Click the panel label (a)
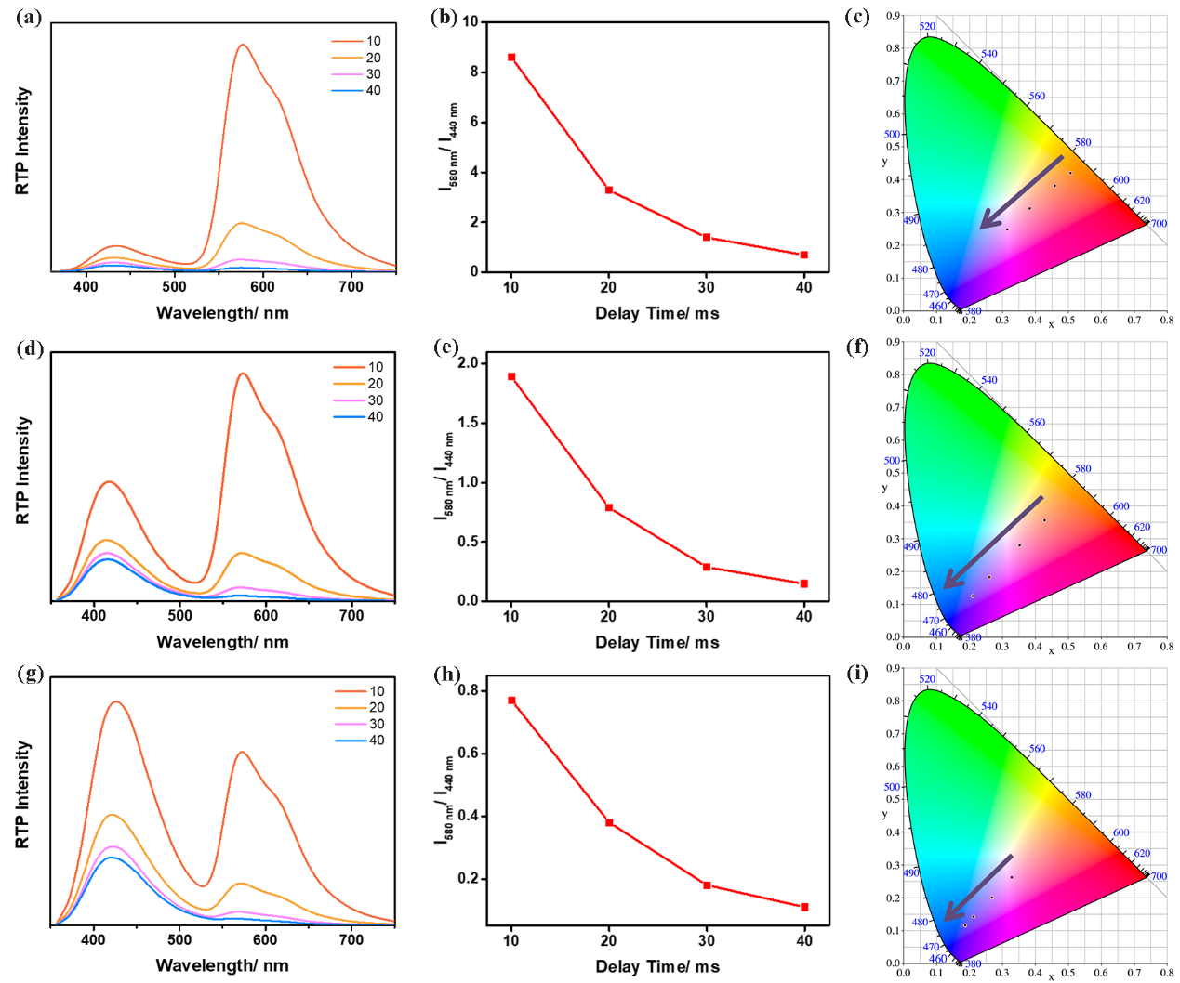[29, 17]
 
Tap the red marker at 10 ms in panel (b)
[511, 58]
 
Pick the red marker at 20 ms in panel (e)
[609, 507]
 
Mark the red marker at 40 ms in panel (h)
[804, 907]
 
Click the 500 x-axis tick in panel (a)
[174, 287]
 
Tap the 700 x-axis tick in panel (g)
[351, 940]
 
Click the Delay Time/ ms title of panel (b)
[656, 313]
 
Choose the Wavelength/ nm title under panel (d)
[222, 642]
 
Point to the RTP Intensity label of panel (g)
[23, 794]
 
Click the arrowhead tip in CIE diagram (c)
[981, 228]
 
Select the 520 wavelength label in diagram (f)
[927, 353]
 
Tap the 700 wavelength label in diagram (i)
[1159, 876]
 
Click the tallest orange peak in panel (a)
[244, 45]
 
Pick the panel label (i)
[857, 674]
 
